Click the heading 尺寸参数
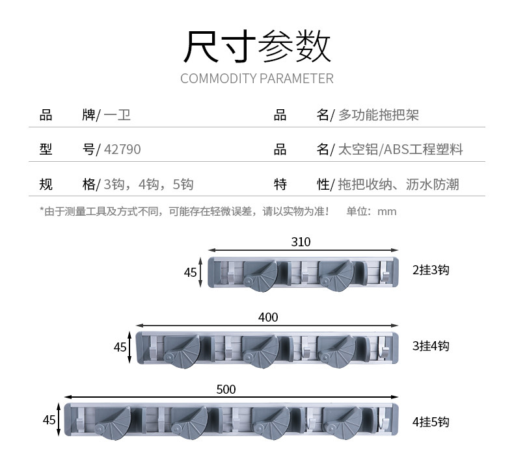pyautogui.click(x=257, y=47)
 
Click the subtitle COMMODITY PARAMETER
pyautogui.click(x=257, y=79)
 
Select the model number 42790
pyautogui.click(x=122, y=149)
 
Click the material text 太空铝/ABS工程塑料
pyautogui.click(x=401, y=149)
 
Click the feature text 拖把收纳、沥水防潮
pyautogui.click(x=398, y=185)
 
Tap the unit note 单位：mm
pyautogui.click(x=371, y=211)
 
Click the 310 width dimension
pyautogui.click(x=301, y=242)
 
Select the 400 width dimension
pyautogui.click(x=268, y=317)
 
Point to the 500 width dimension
pyautogui.click(x=226, y=389)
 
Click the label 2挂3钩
pyautogui.click(x=431, y=270)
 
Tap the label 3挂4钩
pyautogui.click(x=431, y=346)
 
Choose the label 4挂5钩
pyautogui.click(x=431, y=422)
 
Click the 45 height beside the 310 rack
pyautogui.click(x=190, y=272)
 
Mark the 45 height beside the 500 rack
pyautogui.click(x=49, y=420)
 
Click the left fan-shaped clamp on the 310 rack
pyautogui.click(x=260, y=274)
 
